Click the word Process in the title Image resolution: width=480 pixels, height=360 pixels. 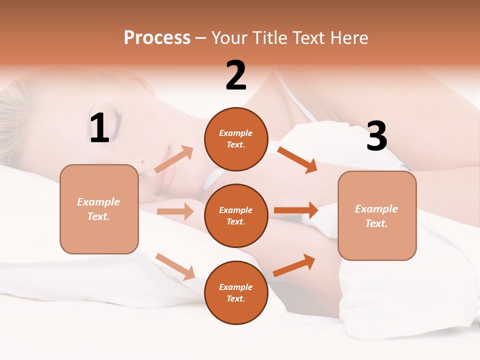coord(157,38)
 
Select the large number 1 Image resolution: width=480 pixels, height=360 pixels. coord(99,128)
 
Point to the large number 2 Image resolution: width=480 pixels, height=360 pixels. coord(236,75)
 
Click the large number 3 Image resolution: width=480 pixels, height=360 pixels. coord(377,136)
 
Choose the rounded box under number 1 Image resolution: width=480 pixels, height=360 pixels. coord(99,209)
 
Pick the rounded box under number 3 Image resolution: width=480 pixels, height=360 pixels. coord(377,216)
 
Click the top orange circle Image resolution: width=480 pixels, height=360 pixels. coord(236,138)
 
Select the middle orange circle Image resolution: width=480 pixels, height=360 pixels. coord(236,215)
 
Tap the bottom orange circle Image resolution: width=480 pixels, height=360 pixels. coord(236,292)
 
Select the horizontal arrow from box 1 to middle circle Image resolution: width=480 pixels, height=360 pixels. coord(175,211)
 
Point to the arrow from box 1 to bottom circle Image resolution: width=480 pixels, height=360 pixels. coord(175,266)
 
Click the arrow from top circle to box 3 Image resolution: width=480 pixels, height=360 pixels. coord(297,159)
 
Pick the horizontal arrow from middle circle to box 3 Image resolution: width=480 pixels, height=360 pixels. coord(296,210)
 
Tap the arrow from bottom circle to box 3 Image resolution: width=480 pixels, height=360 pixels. coord(294,265)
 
